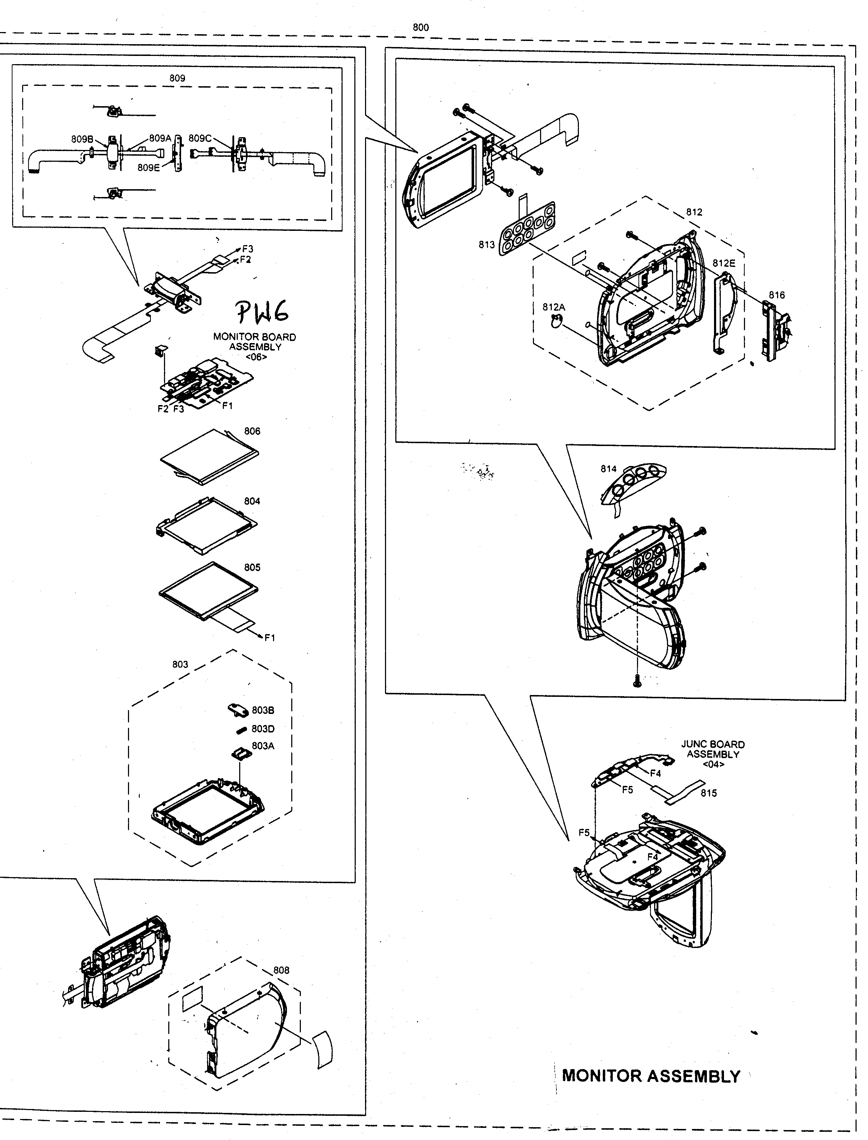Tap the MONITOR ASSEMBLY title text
point(651,1076)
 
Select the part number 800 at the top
point(421,28)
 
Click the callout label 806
point(252,431)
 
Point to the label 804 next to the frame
point(252,501)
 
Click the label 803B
point(263,710)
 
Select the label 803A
point(263,746)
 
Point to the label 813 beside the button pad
point(486,245)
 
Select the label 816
point(776,295)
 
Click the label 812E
point(723,263)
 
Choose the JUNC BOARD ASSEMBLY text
point(713,754)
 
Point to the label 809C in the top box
point(200,138)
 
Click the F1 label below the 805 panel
point(270,638)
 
